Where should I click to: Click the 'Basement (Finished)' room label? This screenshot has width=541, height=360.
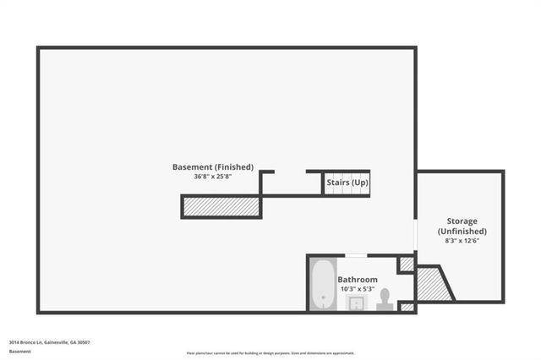click(x=212, y=167)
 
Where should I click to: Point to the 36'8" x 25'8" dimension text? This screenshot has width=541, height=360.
click(x=212, y=177)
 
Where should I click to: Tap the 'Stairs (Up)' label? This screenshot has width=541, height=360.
click(x=347, y=182)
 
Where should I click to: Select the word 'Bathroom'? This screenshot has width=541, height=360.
click(x=358, y=280)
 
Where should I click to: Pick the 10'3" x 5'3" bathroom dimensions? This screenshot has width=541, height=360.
click(x=358, y=289)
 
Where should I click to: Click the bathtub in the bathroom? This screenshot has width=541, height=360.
click(x=322, y=284)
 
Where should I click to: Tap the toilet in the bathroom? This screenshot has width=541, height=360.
click(x=385, y=297)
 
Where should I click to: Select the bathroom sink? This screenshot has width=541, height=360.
click(x=358, y=303)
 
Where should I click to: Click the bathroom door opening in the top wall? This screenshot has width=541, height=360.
click(x=356, y=255)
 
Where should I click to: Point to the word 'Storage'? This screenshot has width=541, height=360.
click(x=462, y=221)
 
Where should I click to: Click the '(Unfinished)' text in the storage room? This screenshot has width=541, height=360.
click(x=462, y=231)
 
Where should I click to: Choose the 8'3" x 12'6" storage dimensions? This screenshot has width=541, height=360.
click(x=462, y=241)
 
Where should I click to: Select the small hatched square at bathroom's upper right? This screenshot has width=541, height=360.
click(x=407, y=265)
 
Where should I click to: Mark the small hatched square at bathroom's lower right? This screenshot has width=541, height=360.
click(x=407, y=307)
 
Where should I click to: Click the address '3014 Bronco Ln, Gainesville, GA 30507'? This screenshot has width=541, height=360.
click(x=50, y=342)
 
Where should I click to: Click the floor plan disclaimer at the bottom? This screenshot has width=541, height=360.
click(x=270, y=353)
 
